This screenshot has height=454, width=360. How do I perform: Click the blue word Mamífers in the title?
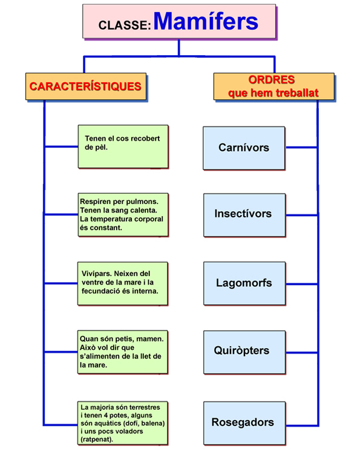[206, 21]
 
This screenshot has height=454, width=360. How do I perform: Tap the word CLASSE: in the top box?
[125, 25]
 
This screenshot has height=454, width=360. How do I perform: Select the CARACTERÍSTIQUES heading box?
[86, 87]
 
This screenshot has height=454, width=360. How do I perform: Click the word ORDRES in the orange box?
[272, 80]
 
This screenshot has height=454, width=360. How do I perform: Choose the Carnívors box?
[244, 148]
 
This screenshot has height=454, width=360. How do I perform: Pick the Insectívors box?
[244, 215]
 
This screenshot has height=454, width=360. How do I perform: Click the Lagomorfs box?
[244, 283]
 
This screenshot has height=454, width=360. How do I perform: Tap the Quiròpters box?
[244, 352]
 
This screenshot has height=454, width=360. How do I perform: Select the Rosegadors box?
[244, 423]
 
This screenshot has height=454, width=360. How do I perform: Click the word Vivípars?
[97, 274]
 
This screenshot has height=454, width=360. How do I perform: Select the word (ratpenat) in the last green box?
[97, 439]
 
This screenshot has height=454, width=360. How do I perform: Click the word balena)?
[153, 423]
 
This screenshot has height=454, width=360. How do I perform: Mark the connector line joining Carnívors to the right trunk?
[301, 148]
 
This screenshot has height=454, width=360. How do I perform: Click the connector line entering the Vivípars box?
[61, 283]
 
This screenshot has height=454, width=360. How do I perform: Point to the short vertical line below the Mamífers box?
[179, 47]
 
